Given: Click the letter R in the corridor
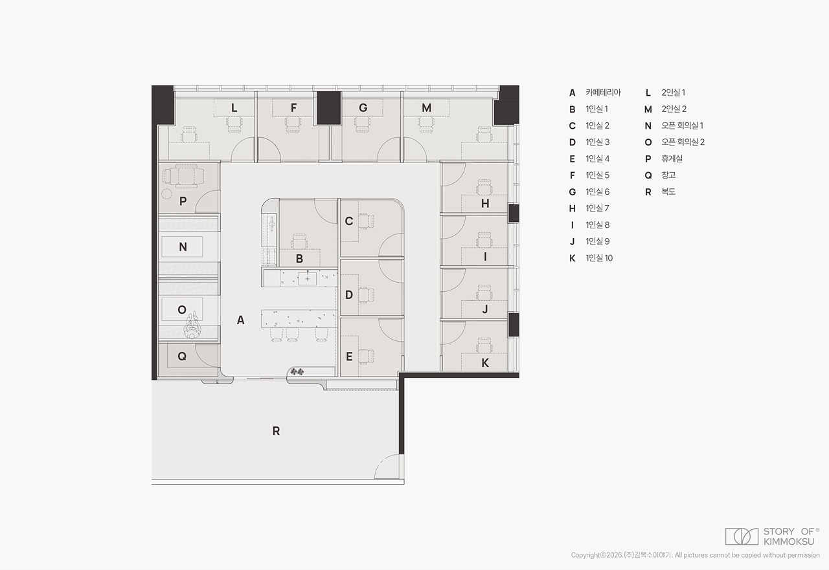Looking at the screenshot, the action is pyautogui.click(x=276, y=431).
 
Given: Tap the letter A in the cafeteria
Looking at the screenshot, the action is pyautogui.click(x=240, y=320).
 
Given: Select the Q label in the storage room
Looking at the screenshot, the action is pyautogui.click(x=182, y=356).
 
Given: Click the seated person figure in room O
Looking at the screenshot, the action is pyautogui.click(x=192, y=325).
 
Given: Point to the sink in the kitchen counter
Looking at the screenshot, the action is pyautogui.click(x=308, y=278).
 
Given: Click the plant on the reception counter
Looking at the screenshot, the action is pyautogui.click(x=297, y=371).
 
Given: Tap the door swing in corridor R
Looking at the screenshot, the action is pyautogui.click(x=387, y=466).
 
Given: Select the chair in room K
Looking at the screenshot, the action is pyautogui.click(x=484, y=345).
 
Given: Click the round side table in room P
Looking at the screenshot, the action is pyautogui.click(x=167, y=193).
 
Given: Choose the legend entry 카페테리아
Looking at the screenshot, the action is pyautogui.click(x=603, y=93).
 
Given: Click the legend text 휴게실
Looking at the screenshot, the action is pyautogui.click(x=672, y=159).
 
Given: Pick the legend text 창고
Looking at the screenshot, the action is pyautogui.click(x=668, y=175).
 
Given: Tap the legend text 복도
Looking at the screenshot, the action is pyautogui.click(x=668, y=192).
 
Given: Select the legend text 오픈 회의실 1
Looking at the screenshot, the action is pyautogui.click(x=682, y=126).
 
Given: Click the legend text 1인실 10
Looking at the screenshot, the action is pyautogui.click(x=599, y=258).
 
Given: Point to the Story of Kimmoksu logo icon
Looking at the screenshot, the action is pyautogui.click(x=742, y=536).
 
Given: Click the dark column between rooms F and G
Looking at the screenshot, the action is pyautogui.click(x=328, y=108).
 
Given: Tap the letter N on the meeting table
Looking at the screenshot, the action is pyautogui.click(x=183, y=247).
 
